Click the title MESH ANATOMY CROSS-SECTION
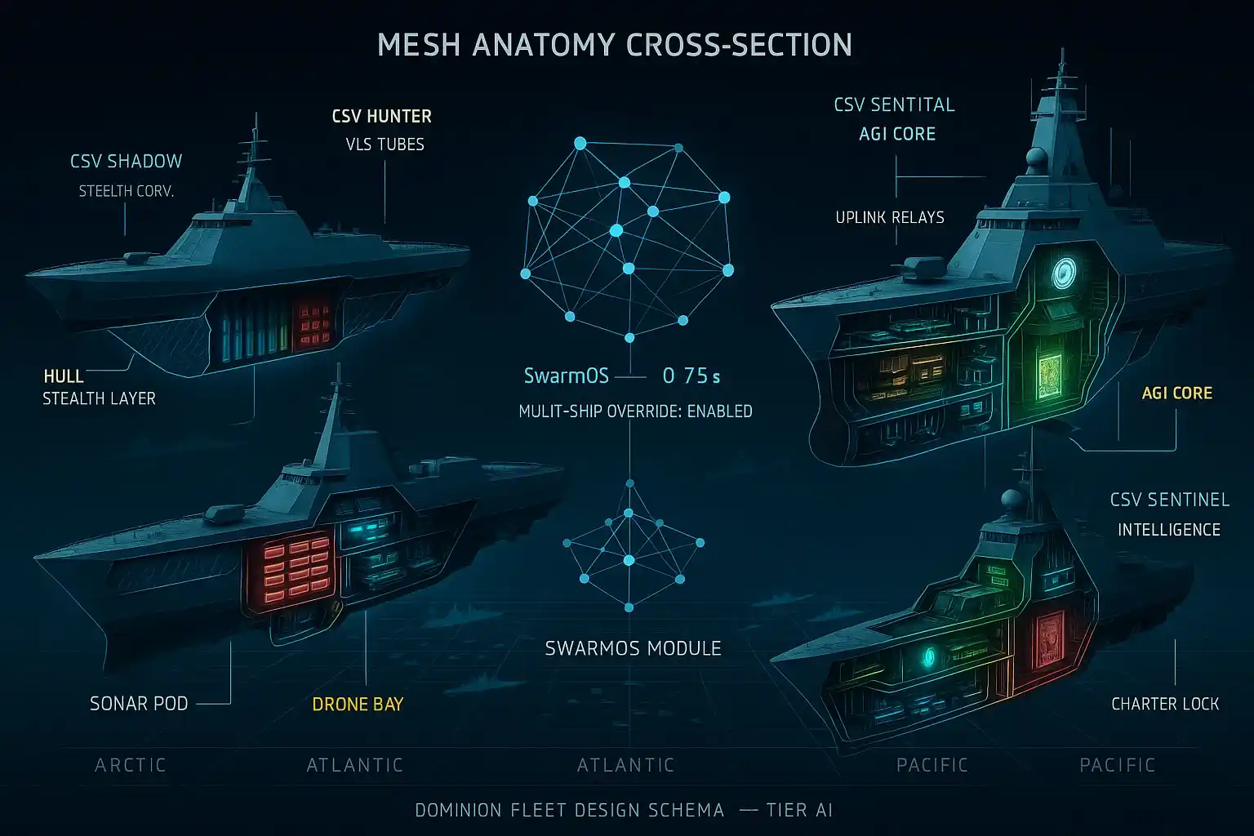coord(615,45)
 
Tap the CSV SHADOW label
coord(126,161)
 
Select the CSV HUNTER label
coord(381,116)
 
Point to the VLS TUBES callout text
coord(385,145)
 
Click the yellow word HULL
coord(64,376)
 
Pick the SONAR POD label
coord(139,704)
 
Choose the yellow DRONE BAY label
coord(358,705)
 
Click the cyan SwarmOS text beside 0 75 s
coord(566,376)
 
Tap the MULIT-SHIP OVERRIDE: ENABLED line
coord(635,411)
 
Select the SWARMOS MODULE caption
coord(633,649)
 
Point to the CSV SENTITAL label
coord(894,104)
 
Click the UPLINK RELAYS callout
coord(889,217)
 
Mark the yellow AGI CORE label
coord(1176,394)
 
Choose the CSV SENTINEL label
coord(1169,500)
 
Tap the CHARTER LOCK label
coord(1165,704)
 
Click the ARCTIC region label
coord(131,765)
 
